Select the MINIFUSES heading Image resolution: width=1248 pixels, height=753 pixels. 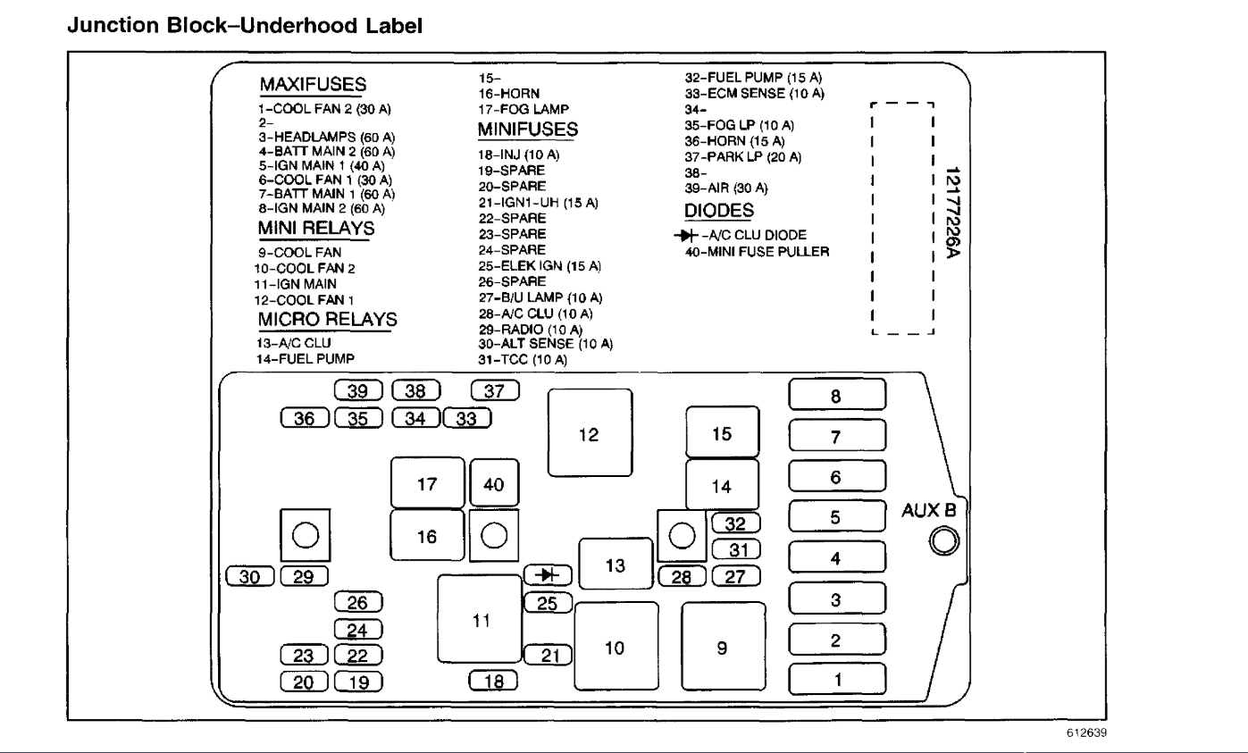pos(528,130)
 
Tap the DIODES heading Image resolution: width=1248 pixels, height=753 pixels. pos(719,211)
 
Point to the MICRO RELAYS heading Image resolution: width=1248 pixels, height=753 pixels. pos(327,320)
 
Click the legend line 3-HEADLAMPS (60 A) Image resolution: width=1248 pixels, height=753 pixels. pos(327,138)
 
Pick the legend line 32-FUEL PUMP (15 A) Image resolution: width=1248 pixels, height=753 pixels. pos(753,79)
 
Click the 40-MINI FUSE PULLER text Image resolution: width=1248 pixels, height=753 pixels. pos(758,251)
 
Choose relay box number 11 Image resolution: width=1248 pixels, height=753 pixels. pos(482,620)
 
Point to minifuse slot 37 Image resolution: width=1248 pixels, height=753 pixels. pos(494,389)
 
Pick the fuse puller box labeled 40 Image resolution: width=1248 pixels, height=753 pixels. pos(494,485)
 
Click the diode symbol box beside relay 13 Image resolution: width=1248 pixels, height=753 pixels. pos(547,574)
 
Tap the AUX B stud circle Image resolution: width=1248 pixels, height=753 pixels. pos(944,541)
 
